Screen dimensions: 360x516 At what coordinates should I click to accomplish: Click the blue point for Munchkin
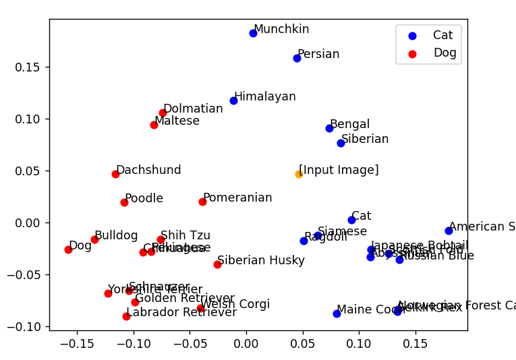click(253, 33)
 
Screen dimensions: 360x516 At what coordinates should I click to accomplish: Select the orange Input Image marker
click(299, 174)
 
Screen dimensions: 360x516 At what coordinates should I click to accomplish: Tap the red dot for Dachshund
click(115, 174)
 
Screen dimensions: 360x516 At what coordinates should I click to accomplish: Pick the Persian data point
click(297, 58)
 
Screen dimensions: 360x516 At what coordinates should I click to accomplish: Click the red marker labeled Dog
click(68, 249)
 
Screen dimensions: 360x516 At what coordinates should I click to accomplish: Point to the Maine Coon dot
click(337, 313)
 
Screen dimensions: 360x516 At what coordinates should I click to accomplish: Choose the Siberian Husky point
click(217, 264)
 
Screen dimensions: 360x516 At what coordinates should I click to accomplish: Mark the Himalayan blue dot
click(233, 100)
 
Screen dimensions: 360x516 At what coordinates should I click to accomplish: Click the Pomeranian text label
click(237, 198)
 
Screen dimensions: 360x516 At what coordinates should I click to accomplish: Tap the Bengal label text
click(349, 124)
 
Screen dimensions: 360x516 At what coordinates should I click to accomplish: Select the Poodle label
click(144, 198)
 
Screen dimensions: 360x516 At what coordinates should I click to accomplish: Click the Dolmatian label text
click(193, 109)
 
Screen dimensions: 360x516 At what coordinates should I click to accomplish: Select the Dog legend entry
click(445, 53)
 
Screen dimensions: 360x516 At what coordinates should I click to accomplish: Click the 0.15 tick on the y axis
click(30, 67)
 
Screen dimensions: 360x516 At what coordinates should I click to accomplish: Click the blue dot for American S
click(449, 231)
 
